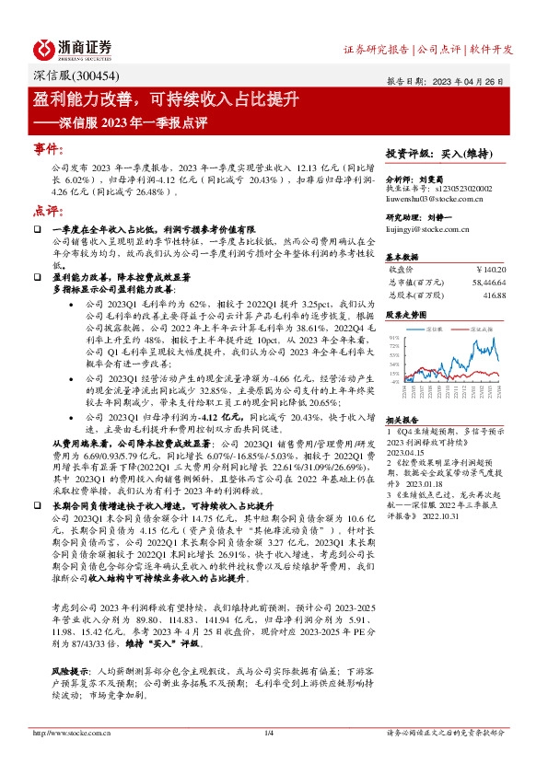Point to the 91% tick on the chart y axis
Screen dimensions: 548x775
tap(394, 339)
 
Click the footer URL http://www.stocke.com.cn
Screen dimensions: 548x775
tap(72, 733)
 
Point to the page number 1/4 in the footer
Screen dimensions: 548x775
tap(270, 733)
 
